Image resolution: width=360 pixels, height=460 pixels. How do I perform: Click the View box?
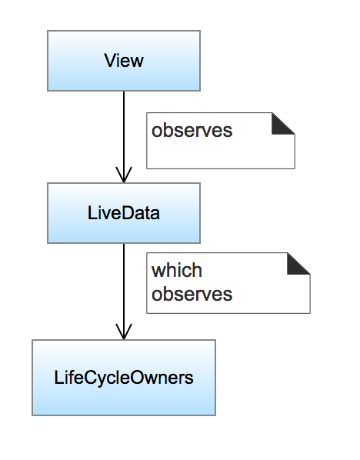tap(123, 61)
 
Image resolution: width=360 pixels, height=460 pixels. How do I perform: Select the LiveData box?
tap(123, 213)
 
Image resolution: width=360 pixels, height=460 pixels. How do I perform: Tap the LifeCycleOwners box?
tap(123, 378)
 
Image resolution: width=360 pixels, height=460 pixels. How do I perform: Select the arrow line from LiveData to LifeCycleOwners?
tap(123, 285)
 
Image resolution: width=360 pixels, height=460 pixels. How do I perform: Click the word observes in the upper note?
tap(192, 131)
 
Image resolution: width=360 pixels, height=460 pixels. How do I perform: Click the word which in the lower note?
tap(176, 271)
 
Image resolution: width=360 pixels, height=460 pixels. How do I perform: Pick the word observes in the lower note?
tap(192, 294)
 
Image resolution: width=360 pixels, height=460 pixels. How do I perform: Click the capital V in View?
tap(108, 61)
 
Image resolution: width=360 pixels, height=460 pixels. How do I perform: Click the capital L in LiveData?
tap(92, 213)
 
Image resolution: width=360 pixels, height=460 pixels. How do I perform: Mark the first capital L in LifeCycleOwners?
tap(58, 378)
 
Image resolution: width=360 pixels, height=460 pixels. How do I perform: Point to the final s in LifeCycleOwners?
tap(189, 378)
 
